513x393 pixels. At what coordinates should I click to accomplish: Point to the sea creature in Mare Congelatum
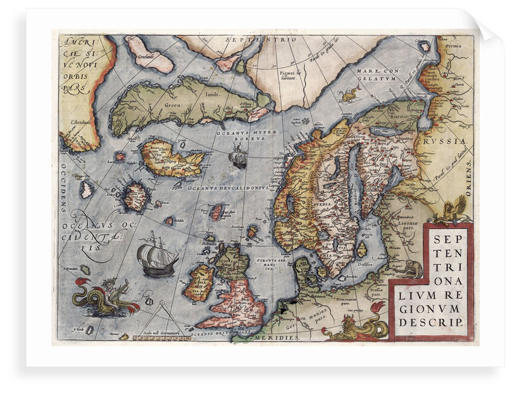[351, 93]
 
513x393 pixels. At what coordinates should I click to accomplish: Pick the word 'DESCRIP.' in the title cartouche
[432, 322]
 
